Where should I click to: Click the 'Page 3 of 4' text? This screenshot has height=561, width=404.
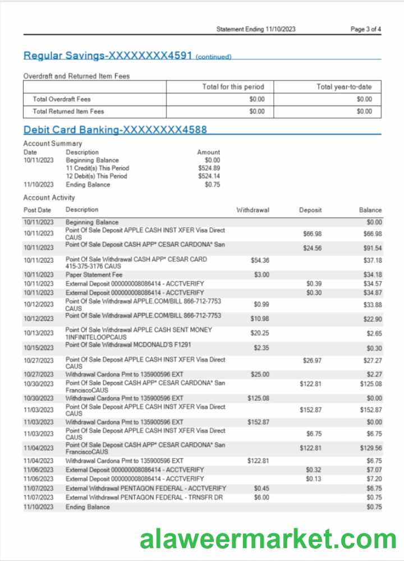point(366,29)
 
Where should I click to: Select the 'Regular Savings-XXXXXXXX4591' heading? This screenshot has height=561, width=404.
point(108,56)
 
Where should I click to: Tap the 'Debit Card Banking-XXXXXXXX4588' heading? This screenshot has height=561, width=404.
point(115,130)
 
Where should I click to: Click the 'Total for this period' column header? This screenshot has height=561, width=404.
point(233,87)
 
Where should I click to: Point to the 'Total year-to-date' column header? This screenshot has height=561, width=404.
point(344,87)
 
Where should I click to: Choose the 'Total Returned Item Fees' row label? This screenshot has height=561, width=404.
point(68,111)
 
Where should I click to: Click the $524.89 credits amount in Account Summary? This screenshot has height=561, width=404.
point(209,168)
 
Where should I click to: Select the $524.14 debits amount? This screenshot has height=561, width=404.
point(209,176)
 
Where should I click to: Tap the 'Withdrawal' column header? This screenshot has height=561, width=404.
point(252,210)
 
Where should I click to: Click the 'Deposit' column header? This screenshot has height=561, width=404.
point(310,210)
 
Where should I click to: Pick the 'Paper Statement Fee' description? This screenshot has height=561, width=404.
point(94,275)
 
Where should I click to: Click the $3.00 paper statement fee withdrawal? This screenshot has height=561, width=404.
point(261,275)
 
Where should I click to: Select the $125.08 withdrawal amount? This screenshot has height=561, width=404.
point(258,398)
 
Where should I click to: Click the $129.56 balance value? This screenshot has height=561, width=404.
point(370,448)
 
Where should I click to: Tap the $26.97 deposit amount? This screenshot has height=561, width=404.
point(312,361)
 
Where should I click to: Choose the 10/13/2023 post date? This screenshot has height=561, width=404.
point(38,333)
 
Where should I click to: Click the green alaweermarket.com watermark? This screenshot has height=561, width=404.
point(268,539)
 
